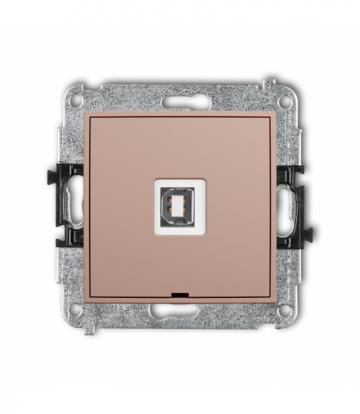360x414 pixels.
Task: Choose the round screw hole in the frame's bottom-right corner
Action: click(283, 310)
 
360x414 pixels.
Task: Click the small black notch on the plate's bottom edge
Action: click(180, 291)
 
